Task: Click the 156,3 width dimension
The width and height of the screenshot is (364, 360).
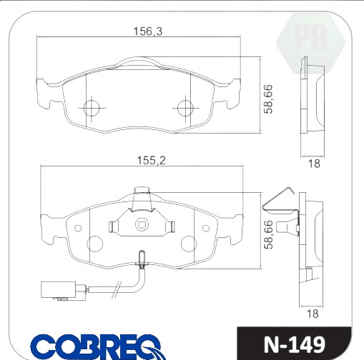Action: pyautogui.click(x=148, y=31)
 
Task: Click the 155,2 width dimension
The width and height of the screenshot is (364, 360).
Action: pyautogui.click(x=151, y=161)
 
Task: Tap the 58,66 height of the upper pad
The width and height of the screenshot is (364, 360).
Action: pyautogui.click(x=268, y=99)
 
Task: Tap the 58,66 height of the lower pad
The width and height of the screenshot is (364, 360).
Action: pyautogui.click(x=268, y=234)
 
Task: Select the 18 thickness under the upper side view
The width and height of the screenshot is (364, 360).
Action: pyautogui.click(x=314, y=164)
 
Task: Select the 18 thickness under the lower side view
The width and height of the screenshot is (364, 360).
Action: pyautogui.click(x=313, y=314)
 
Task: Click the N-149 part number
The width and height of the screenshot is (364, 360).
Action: pyautogui.click(x=295, y=344)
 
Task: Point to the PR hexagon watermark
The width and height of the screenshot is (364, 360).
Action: pyautogui.click(x=311, y=43)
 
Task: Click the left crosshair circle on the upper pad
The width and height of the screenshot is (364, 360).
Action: pyautogui.click(x=92, y=108)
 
